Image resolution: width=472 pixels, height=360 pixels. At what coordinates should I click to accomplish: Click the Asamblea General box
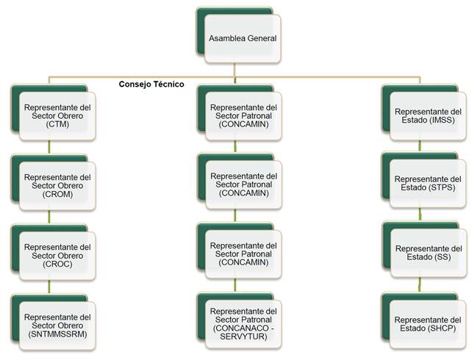(243, 39)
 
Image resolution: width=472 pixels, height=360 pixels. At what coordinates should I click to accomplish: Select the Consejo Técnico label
(151, 84)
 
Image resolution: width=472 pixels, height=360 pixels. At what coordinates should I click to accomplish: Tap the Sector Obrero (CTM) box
(57, 116)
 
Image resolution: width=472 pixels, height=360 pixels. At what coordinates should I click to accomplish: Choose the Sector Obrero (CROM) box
(57, 186)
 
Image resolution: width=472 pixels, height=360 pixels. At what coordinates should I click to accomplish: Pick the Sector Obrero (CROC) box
(57, 256)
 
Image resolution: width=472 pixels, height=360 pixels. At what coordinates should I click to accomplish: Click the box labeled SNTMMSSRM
(57, 325)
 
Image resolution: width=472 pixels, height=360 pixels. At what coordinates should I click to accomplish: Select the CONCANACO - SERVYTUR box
(243, 324)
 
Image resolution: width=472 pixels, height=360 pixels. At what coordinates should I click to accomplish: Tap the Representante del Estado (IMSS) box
(428, 116)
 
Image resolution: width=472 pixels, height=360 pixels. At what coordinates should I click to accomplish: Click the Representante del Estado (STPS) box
(428, 184)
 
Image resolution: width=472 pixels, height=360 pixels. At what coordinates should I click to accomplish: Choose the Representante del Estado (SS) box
(429, 253)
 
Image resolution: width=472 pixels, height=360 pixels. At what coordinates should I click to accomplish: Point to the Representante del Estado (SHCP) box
(428, 324)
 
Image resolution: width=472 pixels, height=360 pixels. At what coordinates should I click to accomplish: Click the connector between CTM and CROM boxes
(49, 147)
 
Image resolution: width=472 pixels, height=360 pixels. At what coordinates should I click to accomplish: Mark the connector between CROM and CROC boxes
(49, 217)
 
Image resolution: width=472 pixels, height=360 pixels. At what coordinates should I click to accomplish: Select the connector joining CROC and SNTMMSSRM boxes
(49, 287)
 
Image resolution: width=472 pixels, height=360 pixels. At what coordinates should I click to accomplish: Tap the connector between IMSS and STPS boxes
(420, 146)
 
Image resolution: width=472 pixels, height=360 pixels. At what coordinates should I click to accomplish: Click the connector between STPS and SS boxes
(420, 215)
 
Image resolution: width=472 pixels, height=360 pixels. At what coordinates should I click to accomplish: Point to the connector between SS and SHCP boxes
(420, 285)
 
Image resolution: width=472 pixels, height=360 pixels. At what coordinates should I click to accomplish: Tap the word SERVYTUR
(243, 336)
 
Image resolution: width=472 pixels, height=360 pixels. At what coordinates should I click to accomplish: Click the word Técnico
(168, 84)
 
